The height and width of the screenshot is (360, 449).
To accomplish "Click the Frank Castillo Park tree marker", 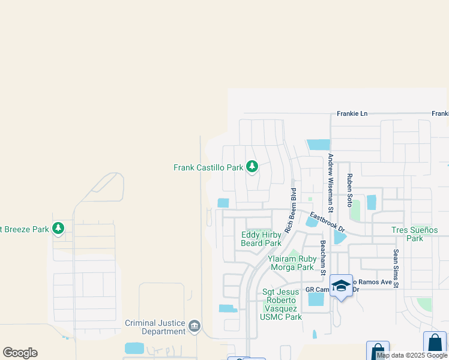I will coord(252,166).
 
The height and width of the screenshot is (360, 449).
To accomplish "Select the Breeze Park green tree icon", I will coord(58,228).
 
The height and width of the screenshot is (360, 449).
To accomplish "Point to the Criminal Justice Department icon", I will coord(194,326).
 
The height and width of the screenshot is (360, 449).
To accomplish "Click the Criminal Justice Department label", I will coord(155,327).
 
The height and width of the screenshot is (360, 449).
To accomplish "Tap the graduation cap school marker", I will coord(341,286).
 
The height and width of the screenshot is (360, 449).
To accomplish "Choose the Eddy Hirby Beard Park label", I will coord(261,239).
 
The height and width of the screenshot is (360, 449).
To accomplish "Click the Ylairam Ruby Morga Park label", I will coord(292,263).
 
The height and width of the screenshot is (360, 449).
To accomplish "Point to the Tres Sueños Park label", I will coord(415,234).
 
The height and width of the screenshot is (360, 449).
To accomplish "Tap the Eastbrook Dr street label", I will coord(328,221).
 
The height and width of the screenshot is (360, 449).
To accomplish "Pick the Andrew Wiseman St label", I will coord(330,181).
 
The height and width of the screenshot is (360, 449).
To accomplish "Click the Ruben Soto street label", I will coord(349,190).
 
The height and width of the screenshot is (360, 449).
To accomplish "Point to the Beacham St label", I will coord(322,258).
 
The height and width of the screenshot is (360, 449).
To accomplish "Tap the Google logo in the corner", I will coord(20,353).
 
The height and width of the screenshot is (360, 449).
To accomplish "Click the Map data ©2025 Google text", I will coord(412,355).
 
